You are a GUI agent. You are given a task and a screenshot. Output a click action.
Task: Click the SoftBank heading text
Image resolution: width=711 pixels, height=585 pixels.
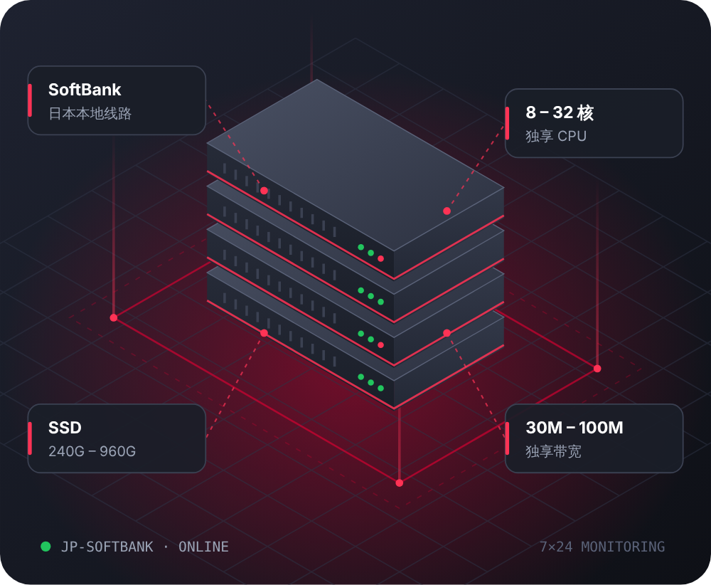(x=85, y=90)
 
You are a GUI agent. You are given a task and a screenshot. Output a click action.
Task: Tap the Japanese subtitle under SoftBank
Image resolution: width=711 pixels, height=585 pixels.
(x=90, y=113)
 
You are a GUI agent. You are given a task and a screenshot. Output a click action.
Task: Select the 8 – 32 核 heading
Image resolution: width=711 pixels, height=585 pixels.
(x=560, y=112)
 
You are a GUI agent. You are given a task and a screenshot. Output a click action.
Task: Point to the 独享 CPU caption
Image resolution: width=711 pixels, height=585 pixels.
(x=556, y=136)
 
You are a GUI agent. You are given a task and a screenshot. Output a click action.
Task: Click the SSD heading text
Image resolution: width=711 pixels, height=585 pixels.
(x=65, y=428)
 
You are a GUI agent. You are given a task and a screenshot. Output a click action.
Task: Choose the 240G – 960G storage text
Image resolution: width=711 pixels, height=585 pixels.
(x=92, y=451)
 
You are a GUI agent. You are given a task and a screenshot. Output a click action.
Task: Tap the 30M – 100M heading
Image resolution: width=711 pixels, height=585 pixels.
(x=574, y=428)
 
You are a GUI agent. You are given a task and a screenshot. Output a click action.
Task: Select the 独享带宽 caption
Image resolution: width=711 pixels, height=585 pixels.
(x=553, y=452)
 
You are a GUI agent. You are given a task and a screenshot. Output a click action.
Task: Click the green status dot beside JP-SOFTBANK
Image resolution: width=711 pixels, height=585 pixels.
(x=46, y=547)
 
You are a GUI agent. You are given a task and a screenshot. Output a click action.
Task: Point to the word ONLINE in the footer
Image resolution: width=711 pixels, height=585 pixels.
(x=203, y=547)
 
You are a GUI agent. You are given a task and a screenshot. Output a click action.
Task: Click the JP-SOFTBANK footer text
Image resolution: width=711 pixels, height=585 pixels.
(x=107, y=547)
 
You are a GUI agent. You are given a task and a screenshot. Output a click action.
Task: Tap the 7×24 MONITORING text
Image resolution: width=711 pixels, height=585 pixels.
(x=602, y=547)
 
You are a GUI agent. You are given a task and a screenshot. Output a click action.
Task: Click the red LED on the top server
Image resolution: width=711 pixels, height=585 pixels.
(x=381, y=258)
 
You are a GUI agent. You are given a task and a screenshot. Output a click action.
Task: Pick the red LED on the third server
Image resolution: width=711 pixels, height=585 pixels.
(x=381, y=345)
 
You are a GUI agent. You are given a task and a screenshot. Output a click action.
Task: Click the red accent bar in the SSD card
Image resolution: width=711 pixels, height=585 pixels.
(x=30, y=438)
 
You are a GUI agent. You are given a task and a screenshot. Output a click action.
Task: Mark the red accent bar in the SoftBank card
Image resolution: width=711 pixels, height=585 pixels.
(x=30, y=100)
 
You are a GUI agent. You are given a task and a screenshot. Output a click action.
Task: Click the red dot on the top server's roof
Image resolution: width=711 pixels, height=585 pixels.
(x=447, y=211)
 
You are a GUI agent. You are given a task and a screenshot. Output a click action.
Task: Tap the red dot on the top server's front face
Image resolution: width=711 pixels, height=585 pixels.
(x=264, y=191)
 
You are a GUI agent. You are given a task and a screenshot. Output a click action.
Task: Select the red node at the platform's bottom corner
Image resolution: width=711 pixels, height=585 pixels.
(x=400, y=483)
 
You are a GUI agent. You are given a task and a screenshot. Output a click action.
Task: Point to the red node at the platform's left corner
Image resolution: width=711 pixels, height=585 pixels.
(x=114, y=317)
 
